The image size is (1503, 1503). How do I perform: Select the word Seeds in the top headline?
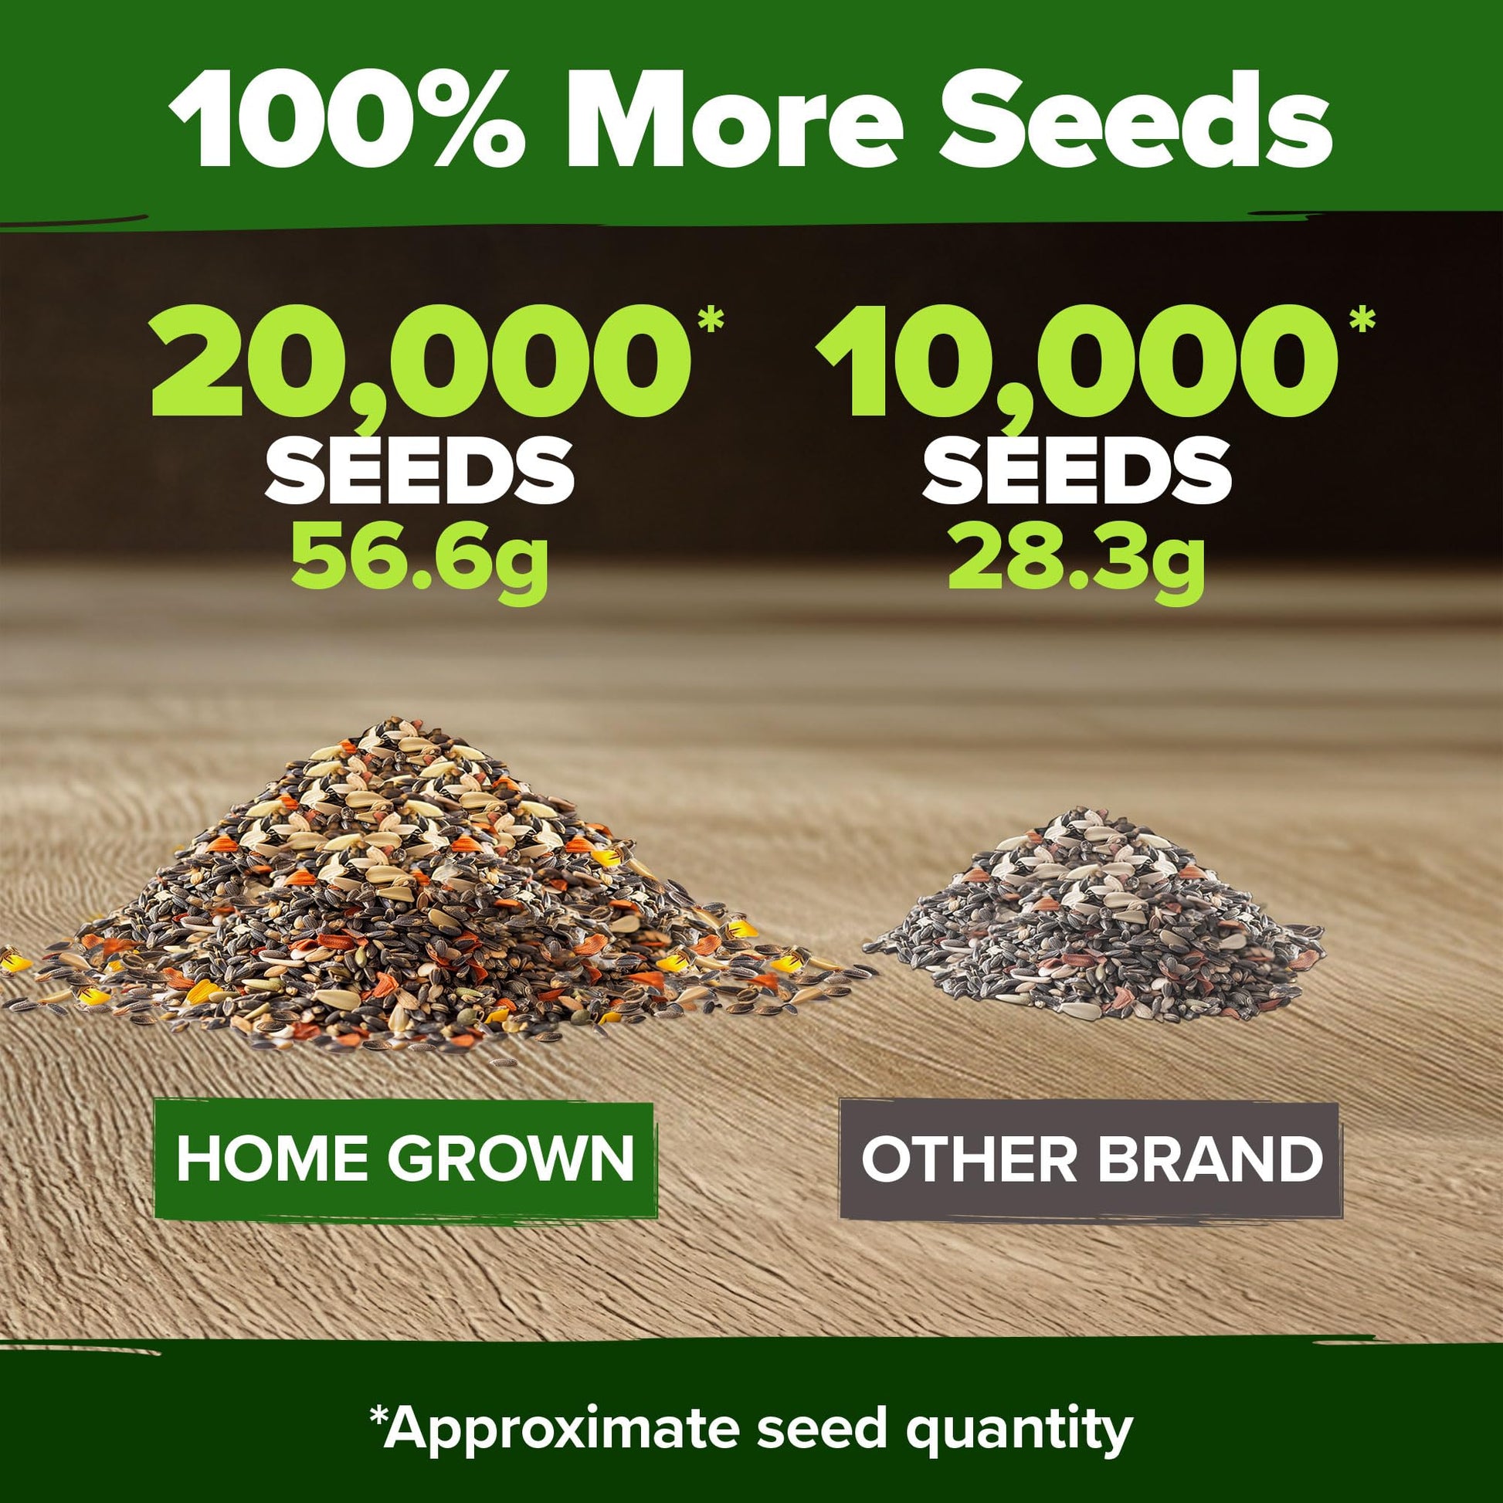pyautogui.click(x=1136, y=120)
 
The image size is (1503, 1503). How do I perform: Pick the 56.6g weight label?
pyautogui.click(x=421, y=558)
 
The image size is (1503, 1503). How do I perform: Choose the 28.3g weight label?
pyautogui.click(x=1077, y=558)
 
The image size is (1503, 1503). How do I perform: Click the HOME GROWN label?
pyautogui.click(x=405, y=1159)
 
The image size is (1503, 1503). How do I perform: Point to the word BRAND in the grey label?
pyautogui.click(x=1210, y=1159)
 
